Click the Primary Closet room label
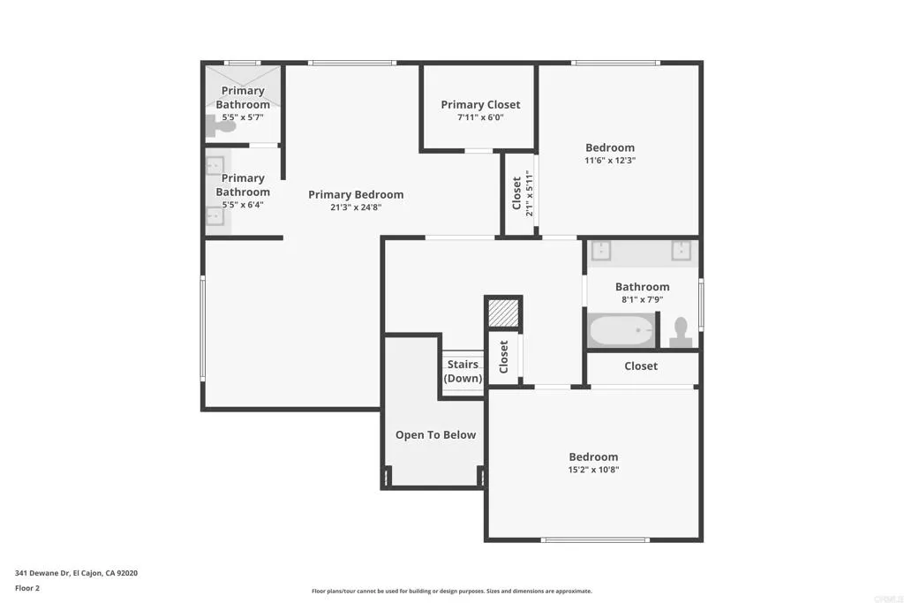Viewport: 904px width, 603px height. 480,104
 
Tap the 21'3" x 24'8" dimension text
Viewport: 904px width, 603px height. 356,207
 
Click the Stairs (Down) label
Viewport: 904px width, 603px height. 463,371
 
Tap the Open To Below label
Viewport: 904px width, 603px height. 435,434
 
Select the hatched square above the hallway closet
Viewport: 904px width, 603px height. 503,313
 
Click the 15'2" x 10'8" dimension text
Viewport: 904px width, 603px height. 593,470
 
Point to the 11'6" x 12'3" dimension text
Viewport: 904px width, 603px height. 610,161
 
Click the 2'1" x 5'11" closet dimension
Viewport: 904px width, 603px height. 530,193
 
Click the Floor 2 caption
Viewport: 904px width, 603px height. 27,587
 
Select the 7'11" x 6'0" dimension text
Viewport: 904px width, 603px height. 480,117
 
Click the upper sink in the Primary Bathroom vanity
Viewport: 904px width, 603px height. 215,165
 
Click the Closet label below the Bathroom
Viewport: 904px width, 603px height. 641,366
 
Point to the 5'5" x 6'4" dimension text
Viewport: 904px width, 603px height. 243,205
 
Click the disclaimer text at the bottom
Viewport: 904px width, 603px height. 452,591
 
